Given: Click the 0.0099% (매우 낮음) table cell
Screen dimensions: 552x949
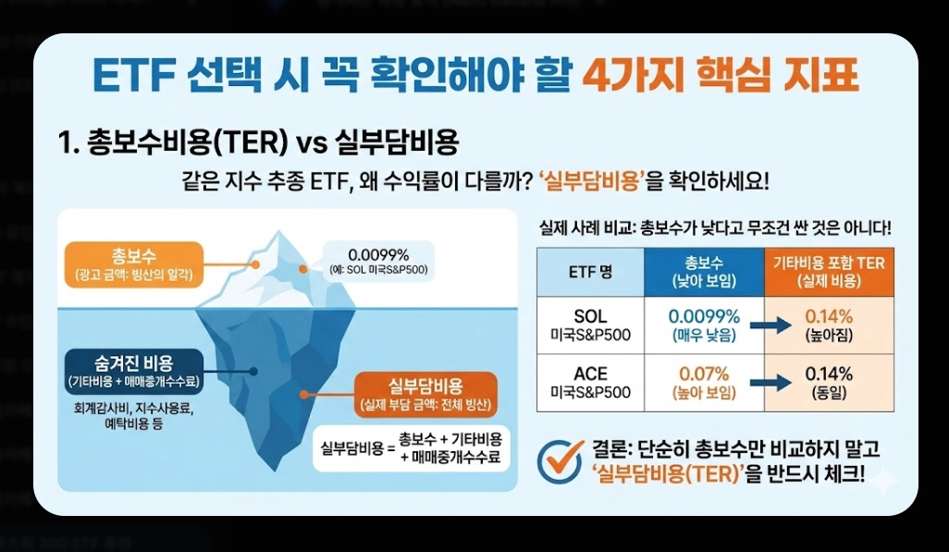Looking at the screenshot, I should click(705, 325).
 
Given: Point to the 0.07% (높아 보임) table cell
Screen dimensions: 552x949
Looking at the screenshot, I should click(705, 383).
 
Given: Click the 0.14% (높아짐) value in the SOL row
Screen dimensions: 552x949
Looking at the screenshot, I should click(830, 325).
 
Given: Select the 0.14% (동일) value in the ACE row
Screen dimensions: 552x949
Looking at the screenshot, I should click(830, 383).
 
